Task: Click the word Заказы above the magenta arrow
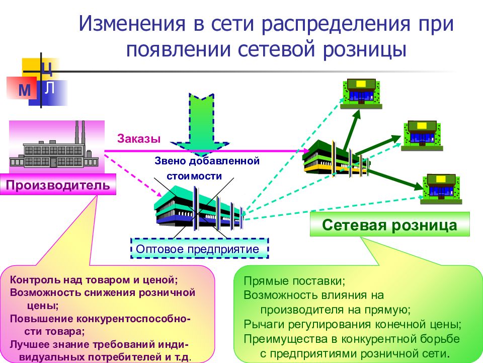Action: point(139,139)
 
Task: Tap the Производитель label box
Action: point(58,185)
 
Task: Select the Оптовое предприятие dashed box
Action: point(200,249)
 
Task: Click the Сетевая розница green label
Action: point(389,224)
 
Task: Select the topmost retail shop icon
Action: point(361,94)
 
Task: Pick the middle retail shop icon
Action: point(422,136)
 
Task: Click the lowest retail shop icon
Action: point(441,189)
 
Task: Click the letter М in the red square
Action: point(24,90)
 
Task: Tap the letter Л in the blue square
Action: point(50,87)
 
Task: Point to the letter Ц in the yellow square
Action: point(47,69)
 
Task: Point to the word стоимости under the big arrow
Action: point(194,176)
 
